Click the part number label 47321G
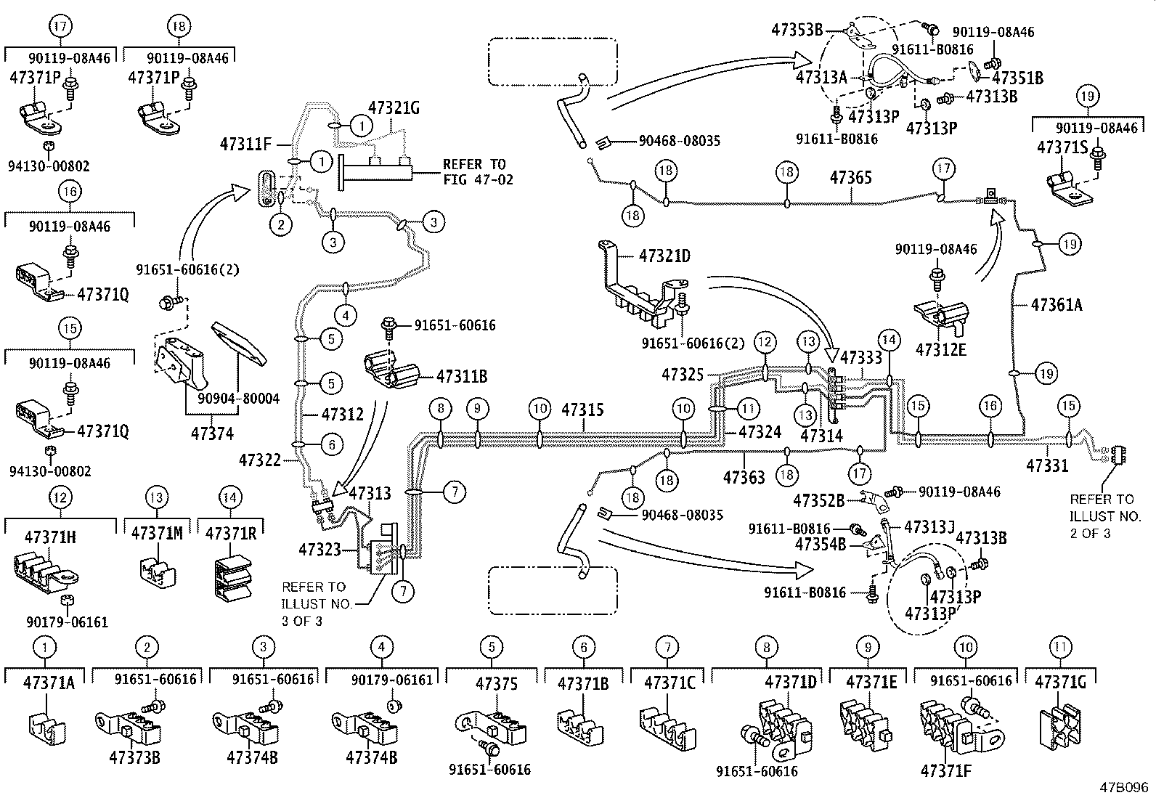[394, 108]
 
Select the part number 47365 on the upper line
[850, 178]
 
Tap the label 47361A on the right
[1056, 306]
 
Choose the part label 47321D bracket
[664, 256]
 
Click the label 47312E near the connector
[940, 349]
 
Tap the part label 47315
[582, 410]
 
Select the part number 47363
[744, 477]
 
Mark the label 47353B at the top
[797, 30]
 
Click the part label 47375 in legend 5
[497, 683]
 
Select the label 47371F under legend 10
[945, 770]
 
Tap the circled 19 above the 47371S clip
[1088, 95]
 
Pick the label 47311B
[461, 376]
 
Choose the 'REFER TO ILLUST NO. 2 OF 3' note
[1101, 516]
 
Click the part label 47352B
[818, 501]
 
